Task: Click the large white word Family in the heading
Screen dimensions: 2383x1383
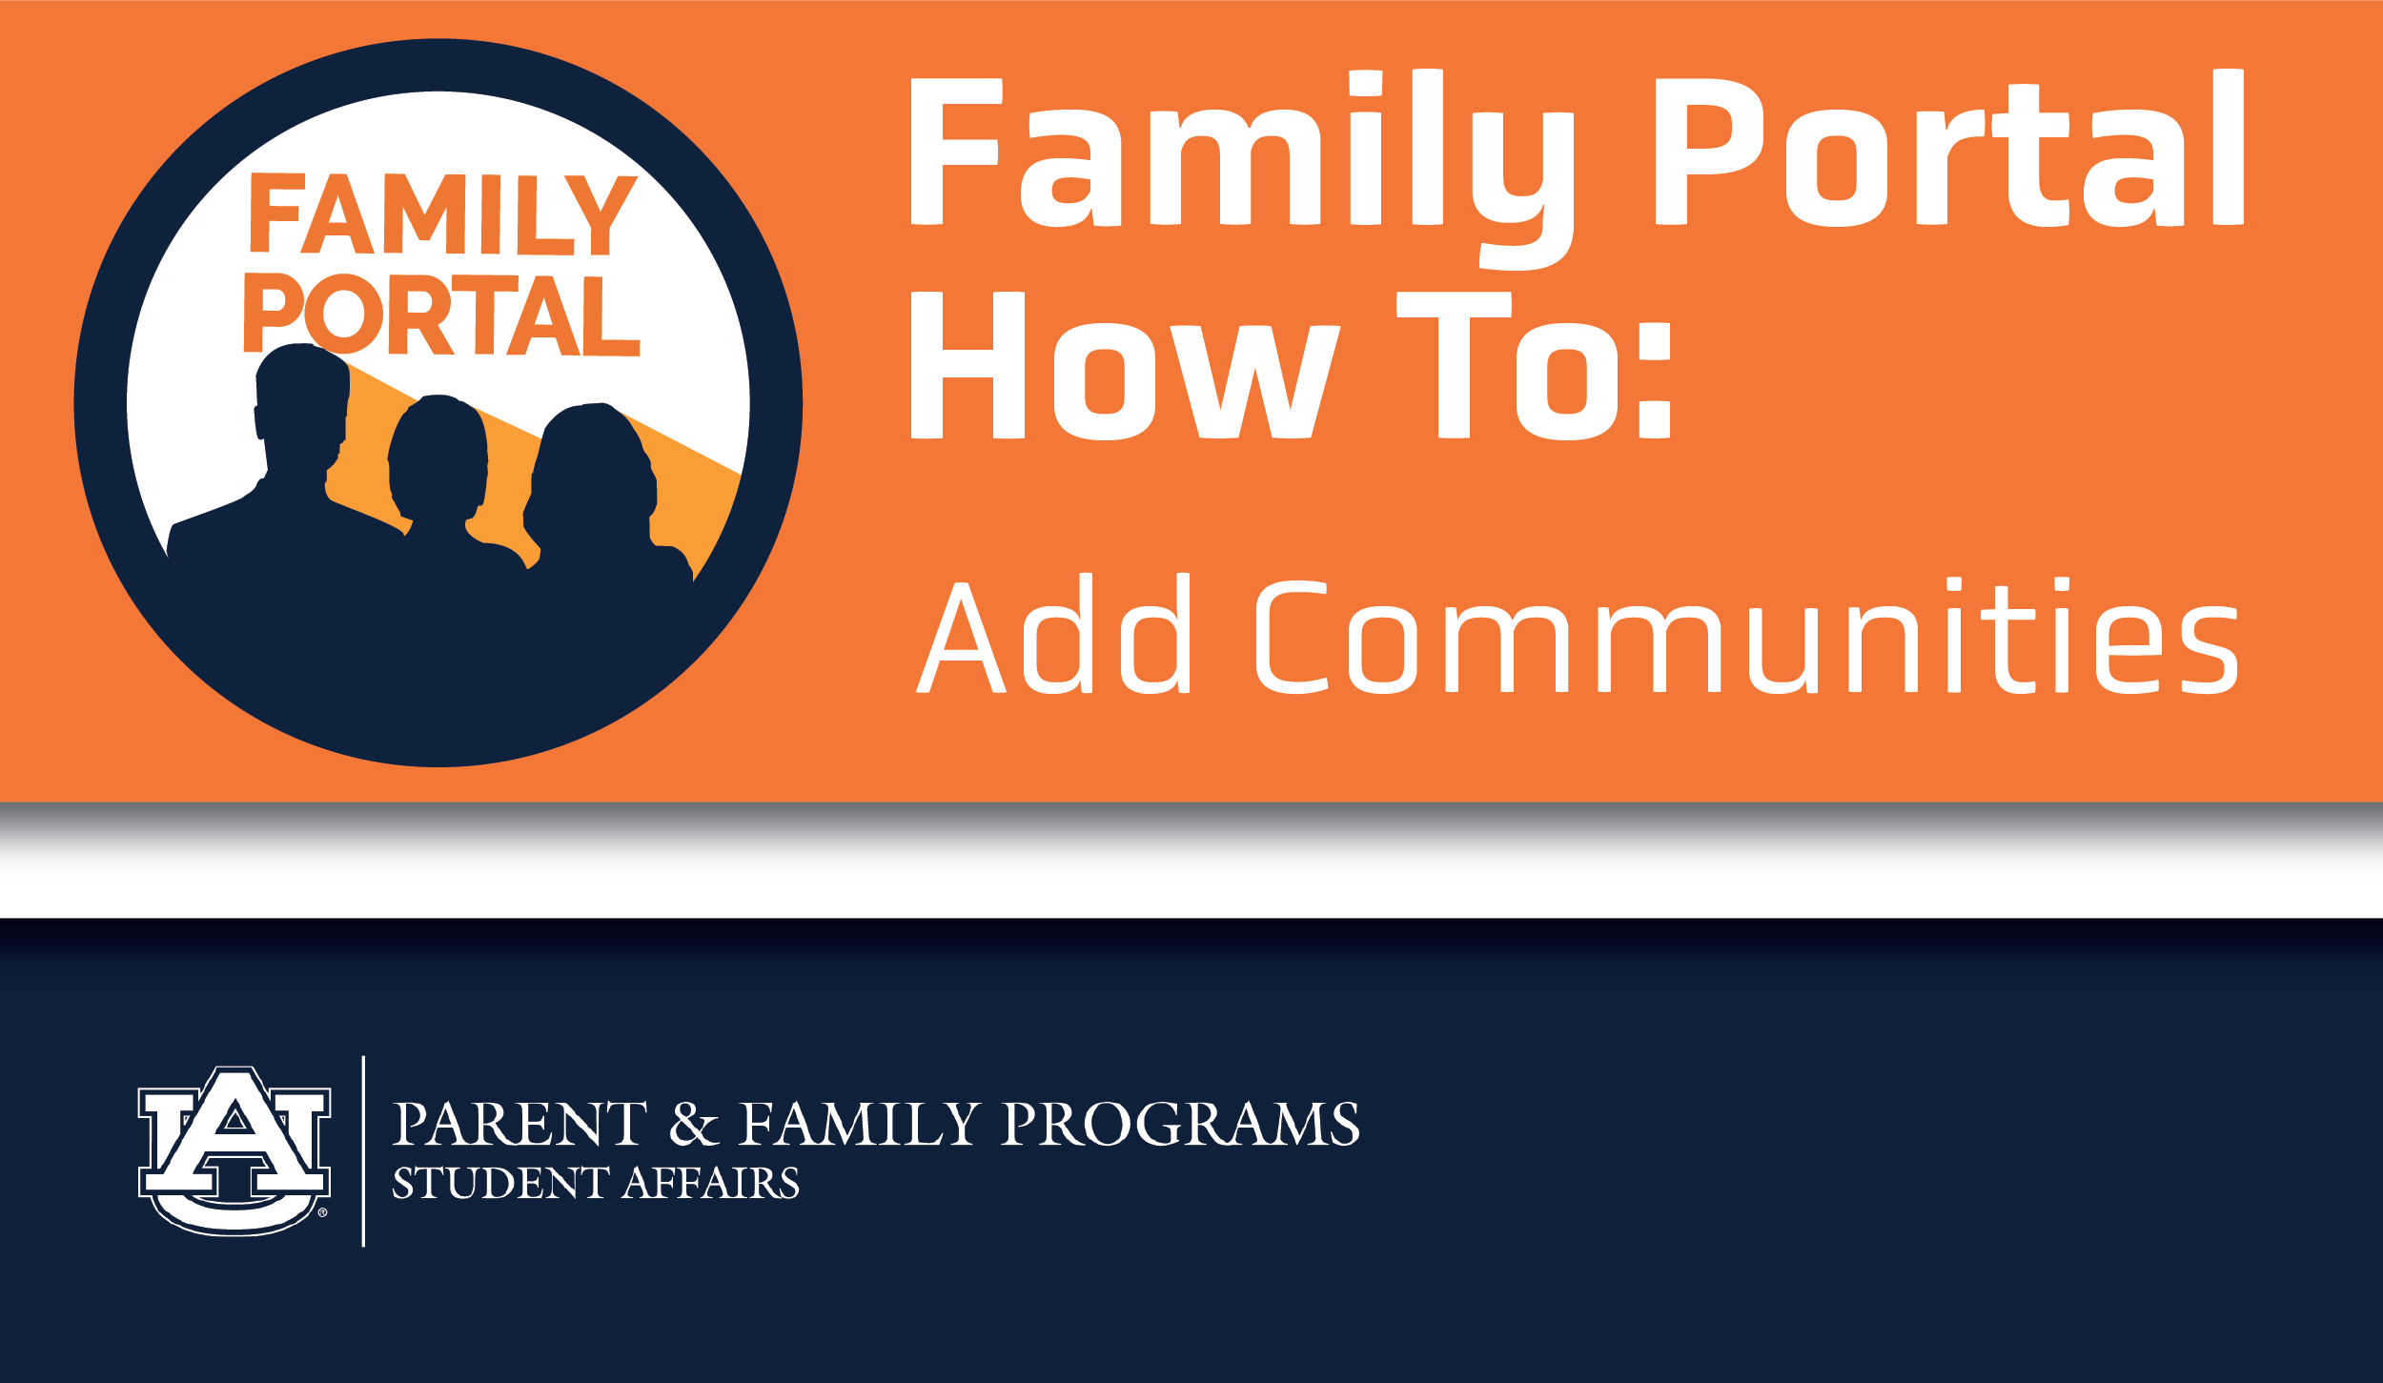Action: pos(1243,169)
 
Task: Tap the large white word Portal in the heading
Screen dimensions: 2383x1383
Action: pos(1949,148)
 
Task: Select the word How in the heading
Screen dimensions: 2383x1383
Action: pos(1126,366)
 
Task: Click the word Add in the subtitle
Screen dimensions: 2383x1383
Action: pos(1053,634)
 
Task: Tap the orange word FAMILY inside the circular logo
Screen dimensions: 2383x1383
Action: pos(442,214)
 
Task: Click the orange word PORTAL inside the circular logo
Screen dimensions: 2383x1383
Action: pos(441,314)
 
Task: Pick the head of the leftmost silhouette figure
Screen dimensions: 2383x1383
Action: pos(302,400)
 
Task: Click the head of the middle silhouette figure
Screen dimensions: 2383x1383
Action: pos(438,453)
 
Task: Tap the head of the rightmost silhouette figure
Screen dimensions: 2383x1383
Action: pos(591,467)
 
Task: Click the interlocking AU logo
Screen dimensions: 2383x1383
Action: pos(234,1150)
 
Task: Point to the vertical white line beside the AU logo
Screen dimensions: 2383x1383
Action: pos(363,1151)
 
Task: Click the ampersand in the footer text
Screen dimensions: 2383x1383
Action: pos(693,1124)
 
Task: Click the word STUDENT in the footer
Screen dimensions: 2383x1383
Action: pos(500,1184)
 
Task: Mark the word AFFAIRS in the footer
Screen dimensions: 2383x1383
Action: pos(711,1184)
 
